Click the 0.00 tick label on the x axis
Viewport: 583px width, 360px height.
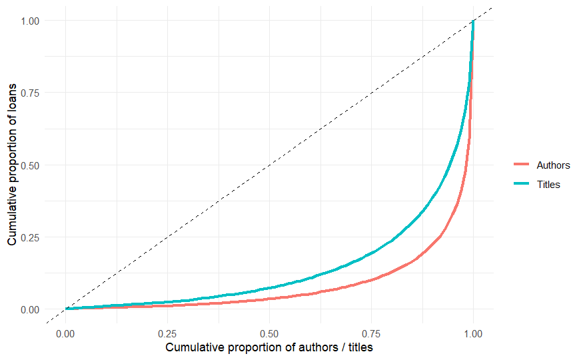point(65,333)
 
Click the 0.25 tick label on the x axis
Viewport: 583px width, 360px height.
point(167,333)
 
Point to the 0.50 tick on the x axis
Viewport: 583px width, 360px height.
point(269,333)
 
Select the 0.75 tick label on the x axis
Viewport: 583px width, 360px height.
point(371,333)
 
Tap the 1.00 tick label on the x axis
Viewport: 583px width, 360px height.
point(473,333)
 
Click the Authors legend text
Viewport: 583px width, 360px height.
point(553,165)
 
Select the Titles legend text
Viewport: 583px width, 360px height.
point(548,185)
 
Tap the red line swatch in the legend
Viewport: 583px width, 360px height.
point(522,165)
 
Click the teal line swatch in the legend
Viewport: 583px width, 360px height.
point(522,185)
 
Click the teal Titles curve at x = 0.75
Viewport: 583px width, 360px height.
point(371,252)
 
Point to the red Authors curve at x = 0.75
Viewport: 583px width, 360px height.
point(371,280)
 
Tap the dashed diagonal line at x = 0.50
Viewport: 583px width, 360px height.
point(269,165)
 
